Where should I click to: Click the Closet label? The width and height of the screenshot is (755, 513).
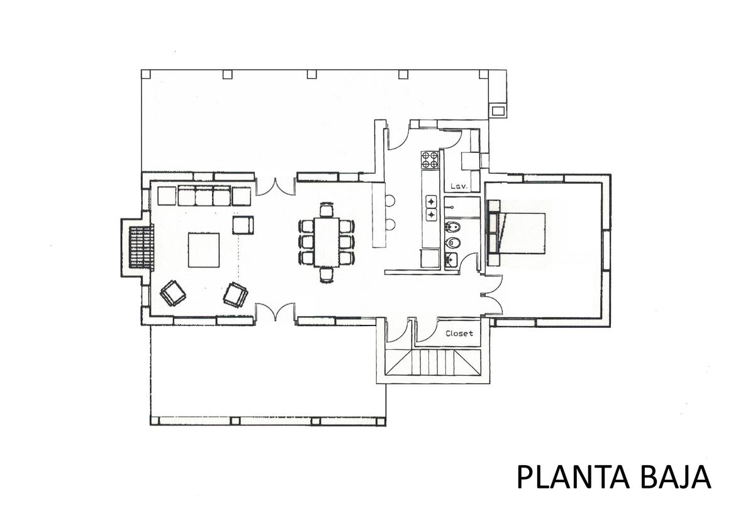(459, 334)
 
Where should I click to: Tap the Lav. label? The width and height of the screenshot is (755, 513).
(459, 186)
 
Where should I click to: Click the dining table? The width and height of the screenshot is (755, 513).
(327, 242)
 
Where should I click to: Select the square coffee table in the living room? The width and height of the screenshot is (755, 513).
(204, 251)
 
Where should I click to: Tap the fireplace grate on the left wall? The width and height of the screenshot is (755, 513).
(141, 247)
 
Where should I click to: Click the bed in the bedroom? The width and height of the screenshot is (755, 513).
(516, 233)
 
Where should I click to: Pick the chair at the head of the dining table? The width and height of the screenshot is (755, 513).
(327, 210)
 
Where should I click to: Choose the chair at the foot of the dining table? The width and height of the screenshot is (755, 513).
(327, 274)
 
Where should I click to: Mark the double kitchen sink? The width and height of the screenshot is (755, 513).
(432, 208)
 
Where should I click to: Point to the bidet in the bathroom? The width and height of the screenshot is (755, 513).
(452, 228)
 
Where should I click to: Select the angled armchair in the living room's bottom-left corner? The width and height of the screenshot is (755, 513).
(173, 293)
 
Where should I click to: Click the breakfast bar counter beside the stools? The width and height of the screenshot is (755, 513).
(379, 215)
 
